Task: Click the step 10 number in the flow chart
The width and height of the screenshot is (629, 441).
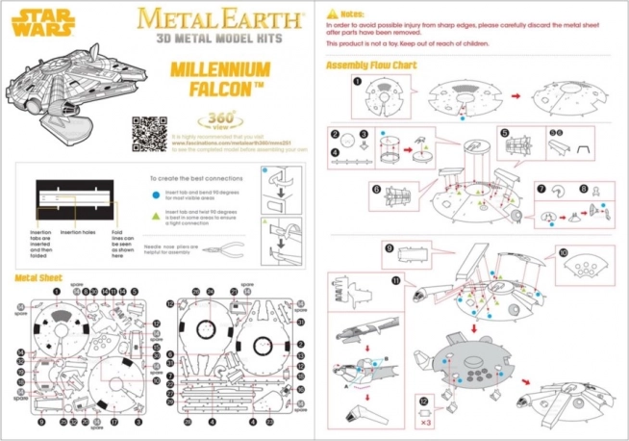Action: tap(563, 254)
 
